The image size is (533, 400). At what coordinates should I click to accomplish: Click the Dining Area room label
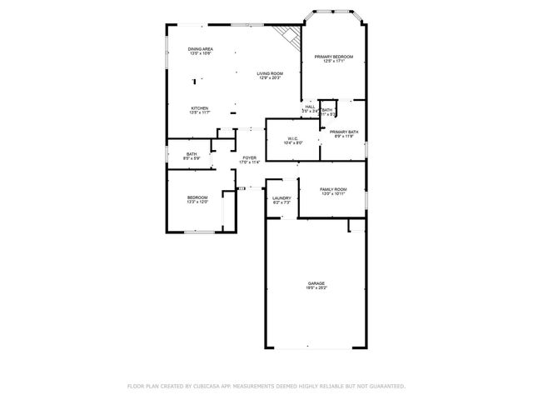200,49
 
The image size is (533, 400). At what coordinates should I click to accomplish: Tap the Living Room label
269,73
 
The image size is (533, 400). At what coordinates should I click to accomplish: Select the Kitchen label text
199,107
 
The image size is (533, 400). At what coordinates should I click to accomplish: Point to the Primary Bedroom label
333,56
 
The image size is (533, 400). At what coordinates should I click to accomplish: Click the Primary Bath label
343,132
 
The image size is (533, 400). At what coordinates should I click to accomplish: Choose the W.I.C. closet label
293,138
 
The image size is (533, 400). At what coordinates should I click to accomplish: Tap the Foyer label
249,157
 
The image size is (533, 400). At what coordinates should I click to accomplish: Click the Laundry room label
281,197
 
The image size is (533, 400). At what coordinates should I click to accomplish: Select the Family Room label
333,189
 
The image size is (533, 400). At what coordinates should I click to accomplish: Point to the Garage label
316,283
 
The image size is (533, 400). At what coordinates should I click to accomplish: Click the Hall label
310,107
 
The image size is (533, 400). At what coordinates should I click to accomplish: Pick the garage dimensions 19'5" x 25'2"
316,288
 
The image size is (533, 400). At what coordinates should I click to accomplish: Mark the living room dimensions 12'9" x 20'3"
269,78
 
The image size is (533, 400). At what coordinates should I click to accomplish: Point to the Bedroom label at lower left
197,197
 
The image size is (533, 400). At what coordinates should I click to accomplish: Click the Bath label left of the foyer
192,153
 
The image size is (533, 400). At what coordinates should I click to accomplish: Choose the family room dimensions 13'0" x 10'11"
333,194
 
